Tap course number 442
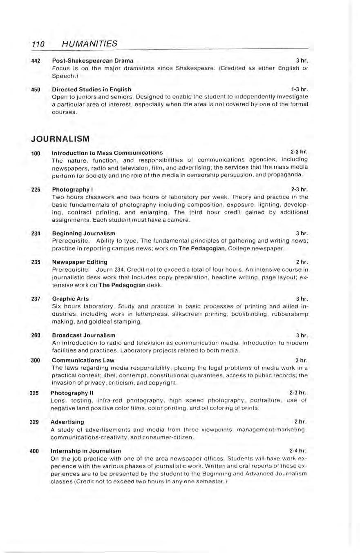pos(36,61)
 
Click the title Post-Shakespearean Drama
pos(92,61)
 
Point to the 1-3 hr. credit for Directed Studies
pos(299,89)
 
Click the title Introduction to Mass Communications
pos(107,153)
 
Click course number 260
pos(36,335)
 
